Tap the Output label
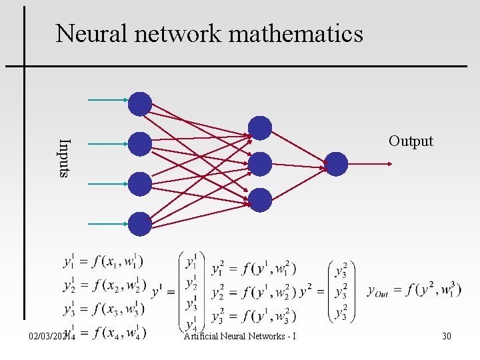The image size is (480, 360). pos(411,141)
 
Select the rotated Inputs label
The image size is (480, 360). pos(63,158)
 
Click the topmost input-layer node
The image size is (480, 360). pos(140,104)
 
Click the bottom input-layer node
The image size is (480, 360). pos(140,224)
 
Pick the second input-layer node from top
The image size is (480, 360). pos(140,144)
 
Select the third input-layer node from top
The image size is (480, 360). pos(140,184)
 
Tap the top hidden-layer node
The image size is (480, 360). pos(260,128)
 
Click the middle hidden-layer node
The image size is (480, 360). pos(260,164)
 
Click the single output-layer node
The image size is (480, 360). pos(336,164)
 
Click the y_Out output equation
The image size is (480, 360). pos(413,290)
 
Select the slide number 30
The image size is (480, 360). pos(446,336)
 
